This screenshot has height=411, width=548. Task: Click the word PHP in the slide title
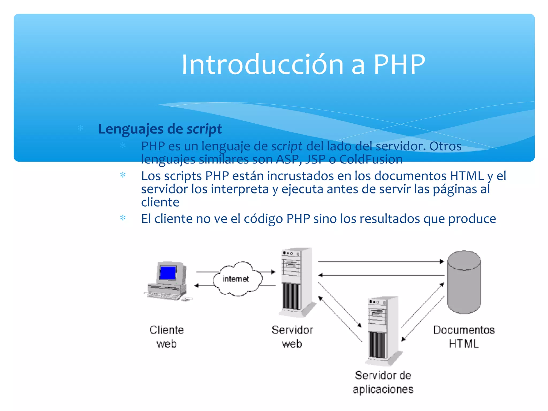point(399,64)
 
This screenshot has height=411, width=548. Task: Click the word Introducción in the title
point(262,64)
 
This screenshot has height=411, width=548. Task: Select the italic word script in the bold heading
point(204,129)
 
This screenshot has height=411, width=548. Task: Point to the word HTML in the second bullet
point(467,176)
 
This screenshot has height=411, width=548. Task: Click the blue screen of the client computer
point(168,273)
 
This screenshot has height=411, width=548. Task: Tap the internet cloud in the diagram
point(237,279)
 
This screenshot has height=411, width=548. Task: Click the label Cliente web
point(166,337)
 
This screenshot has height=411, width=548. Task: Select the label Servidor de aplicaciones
point(383,382)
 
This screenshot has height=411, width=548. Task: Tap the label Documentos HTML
point(464,337)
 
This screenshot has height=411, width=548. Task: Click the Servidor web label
point(292,337)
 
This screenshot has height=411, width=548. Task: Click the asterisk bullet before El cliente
point(123,218)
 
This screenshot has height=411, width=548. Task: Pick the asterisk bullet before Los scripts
point(123,176)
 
